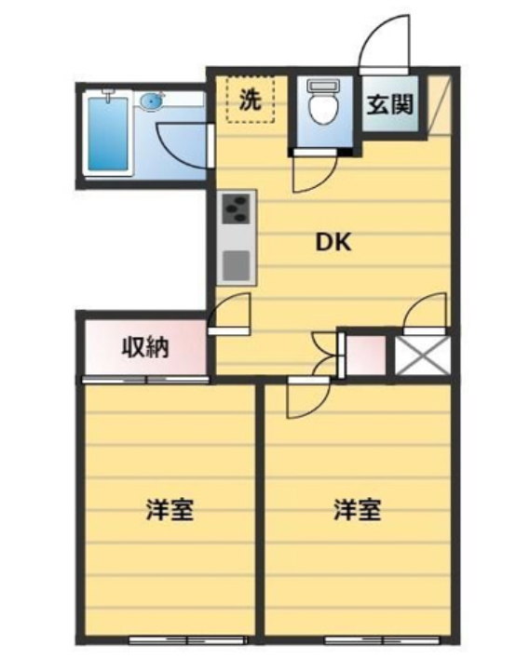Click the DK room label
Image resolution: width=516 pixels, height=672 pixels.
[x=333, y=243]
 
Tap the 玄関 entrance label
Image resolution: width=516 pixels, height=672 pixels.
[x=390, y=104]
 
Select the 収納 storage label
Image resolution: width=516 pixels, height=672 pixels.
[x=145, y=347]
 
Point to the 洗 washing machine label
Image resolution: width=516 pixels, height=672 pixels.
[x=250, y=101]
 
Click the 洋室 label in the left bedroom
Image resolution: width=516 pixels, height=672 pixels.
[x=170, y=509]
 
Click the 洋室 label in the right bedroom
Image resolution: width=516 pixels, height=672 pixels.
[x=358, y=509]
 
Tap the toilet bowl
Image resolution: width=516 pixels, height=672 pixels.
[x=324, y=102]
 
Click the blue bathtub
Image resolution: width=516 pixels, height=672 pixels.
[x=108, y=134]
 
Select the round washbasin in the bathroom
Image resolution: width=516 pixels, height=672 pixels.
[x=152, y=102]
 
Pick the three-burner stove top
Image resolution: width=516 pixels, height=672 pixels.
[x=236, y=208]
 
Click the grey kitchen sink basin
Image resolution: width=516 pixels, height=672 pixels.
[x=236, y=265]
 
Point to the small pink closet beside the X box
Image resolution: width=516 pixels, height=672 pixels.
[x=366, y=356]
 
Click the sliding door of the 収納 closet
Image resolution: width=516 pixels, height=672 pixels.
[x=146, y=380]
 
